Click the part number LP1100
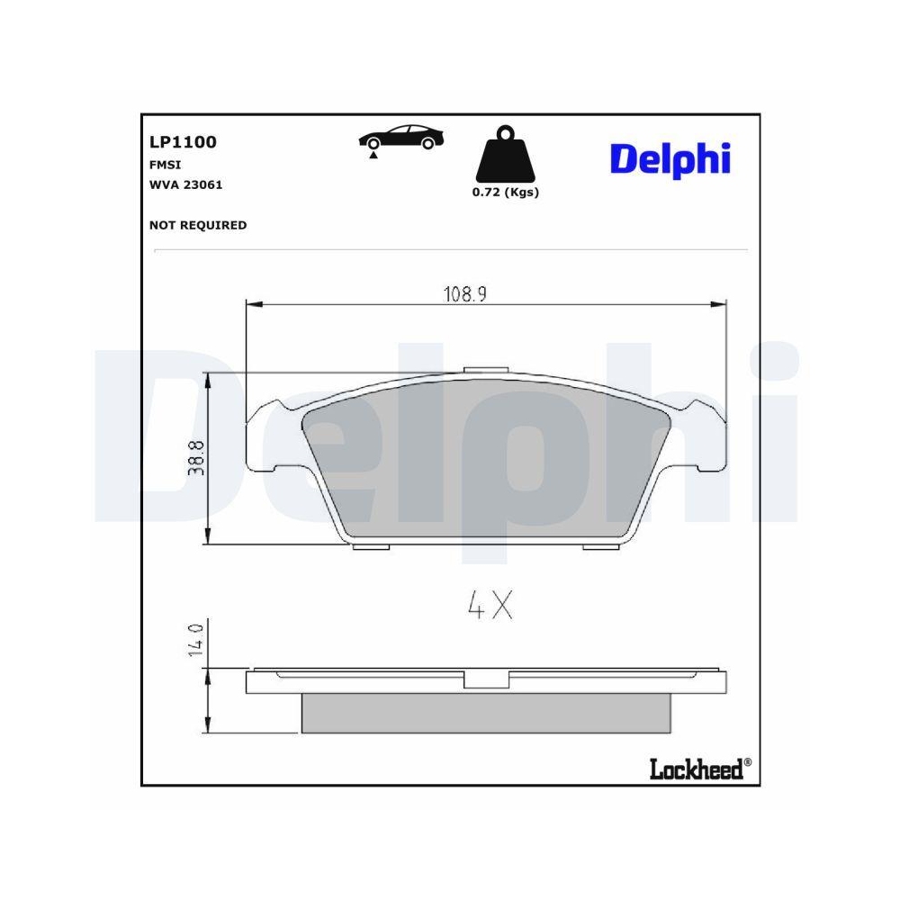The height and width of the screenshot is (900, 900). click(x=183, y=142)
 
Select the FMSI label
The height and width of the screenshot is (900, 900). click(x=165, y=165)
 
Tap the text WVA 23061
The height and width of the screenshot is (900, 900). click(x=185, y=184)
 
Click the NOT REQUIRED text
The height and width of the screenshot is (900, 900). click(x=197, y=225)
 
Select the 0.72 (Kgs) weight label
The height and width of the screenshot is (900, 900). click(x=505, y=193)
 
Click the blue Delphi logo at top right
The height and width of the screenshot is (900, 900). click(x=670, y=158)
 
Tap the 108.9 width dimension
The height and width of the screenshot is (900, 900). click(x=464, y=294)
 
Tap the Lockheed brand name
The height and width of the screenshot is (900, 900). click(x=696, y=768)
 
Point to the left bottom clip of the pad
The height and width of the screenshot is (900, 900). click(x=371, y=547)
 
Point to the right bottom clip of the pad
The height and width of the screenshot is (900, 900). click(x=601, y=547)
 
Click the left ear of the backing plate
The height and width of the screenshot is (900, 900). click(x=268, y=438)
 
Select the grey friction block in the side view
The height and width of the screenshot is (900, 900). click(x=486, y=712)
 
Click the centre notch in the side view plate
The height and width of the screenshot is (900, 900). click(x=486, y=680)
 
